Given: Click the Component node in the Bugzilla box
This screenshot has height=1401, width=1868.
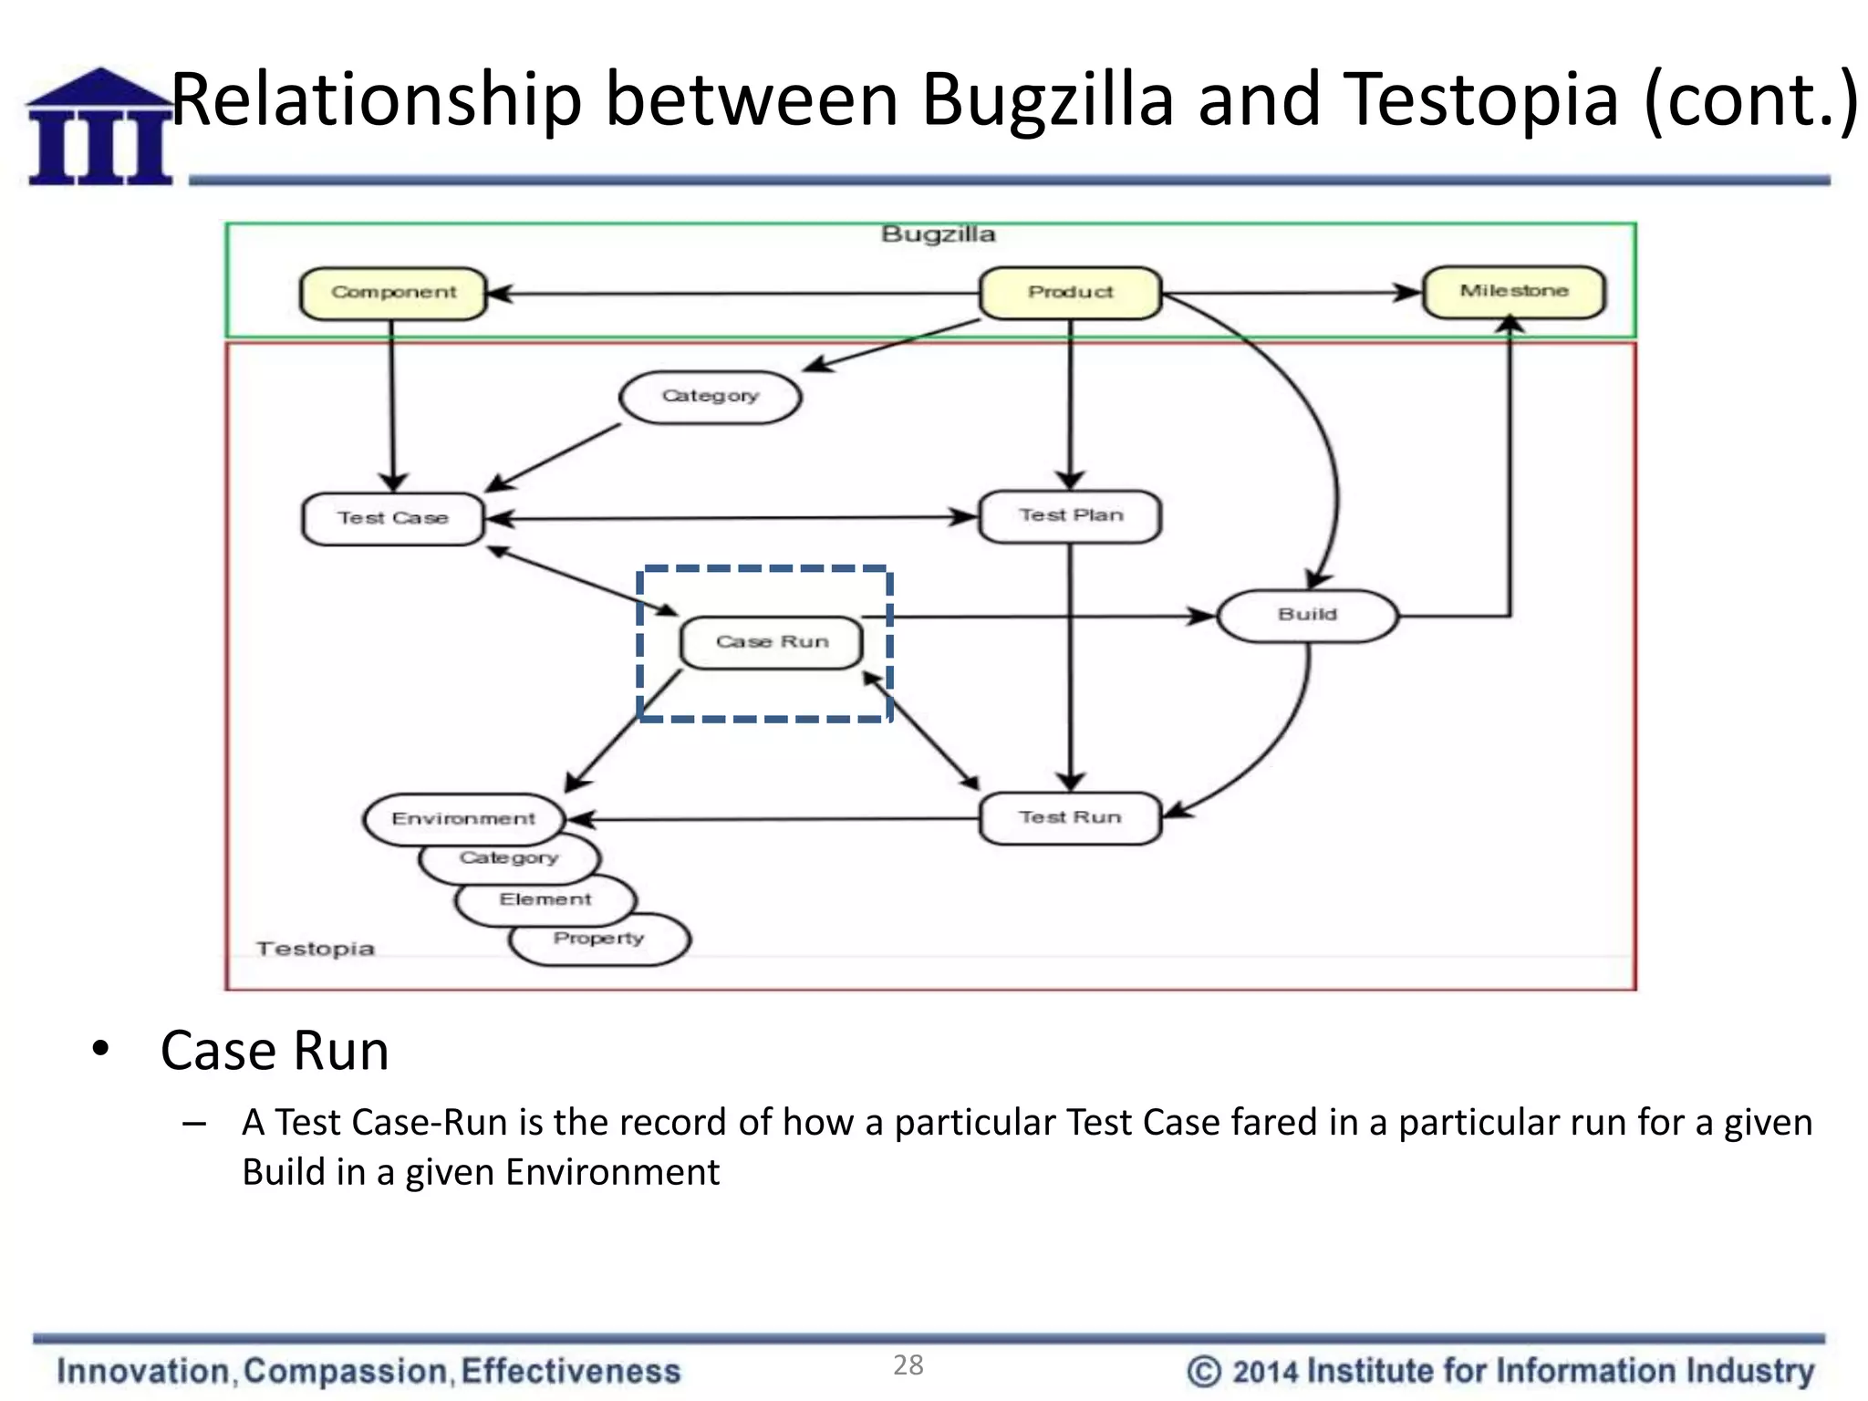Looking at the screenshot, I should [393, 293].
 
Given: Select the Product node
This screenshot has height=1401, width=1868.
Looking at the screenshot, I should [1070, 293].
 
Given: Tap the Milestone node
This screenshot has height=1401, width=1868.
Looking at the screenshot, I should [1513, 292].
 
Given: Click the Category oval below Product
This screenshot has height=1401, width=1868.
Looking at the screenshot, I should [710, 397].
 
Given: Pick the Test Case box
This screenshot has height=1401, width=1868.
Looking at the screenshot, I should [393, 518].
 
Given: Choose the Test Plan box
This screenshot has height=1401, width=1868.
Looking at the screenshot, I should [1070, 516].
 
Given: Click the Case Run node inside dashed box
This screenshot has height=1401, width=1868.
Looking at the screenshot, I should [772, 642].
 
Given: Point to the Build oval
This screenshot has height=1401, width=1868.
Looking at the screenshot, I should [1307, 616].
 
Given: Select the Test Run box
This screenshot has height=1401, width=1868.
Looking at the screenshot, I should [1070, 818].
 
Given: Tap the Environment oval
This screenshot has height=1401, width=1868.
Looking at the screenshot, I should [463, 818].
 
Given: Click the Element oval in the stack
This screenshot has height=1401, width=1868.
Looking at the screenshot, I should [545, 900].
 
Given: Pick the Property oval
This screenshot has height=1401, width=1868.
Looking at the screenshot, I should [599, 939].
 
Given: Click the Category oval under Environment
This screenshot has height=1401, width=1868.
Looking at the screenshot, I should [508, 859].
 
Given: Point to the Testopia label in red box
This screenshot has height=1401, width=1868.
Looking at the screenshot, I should [316, 949].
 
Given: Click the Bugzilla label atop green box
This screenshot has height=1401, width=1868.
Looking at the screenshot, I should [938, 234].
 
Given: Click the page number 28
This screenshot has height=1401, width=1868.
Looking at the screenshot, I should [908, 1365].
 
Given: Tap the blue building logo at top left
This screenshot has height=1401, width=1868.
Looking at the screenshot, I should [99, 128].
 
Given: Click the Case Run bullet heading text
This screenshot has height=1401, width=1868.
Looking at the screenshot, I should [275, 1050].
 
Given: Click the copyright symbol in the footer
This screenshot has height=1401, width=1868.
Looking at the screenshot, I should [1203, 1371].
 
